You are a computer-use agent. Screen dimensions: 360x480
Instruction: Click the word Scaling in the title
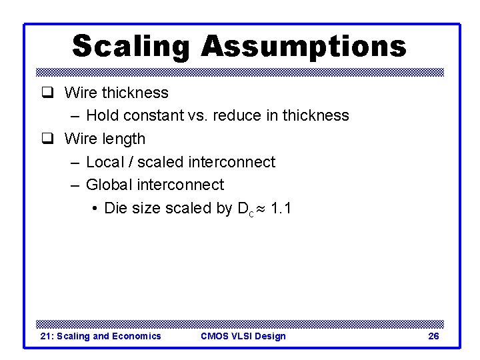pos(131,47)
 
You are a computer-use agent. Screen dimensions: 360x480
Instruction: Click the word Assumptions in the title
pos(303,47)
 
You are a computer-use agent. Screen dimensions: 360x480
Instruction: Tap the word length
pos(123,139)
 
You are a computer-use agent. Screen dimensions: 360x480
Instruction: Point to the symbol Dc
pos(245,209)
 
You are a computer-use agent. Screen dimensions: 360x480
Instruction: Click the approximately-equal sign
pos(261,209)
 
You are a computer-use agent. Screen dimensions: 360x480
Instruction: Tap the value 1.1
pos(281,208)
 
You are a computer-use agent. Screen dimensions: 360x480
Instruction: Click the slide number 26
pos(433,336)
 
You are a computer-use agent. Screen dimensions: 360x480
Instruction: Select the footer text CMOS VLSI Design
pos(243,336)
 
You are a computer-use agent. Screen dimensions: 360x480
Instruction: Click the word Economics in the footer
pos(136,336)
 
